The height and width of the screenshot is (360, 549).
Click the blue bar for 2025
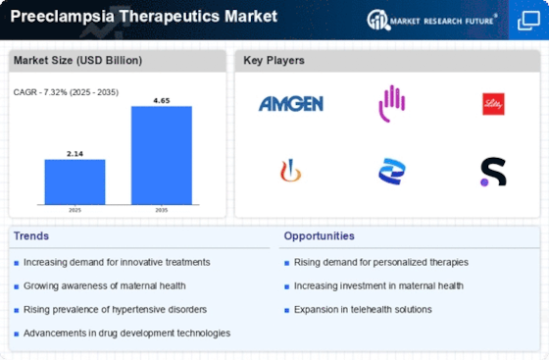point(75,181)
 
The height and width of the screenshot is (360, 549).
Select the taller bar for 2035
point(162,155)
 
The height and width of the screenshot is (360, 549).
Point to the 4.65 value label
point(162,100)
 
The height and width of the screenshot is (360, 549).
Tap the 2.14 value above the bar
point(75,154)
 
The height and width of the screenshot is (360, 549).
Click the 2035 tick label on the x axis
point(162,210)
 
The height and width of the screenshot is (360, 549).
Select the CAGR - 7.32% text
point(40,92)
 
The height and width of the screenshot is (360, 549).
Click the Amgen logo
point(291,104)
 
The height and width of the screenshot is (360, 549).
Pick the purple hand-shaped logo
point(392,104)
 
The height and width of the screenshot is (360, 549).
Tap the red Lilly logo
point(493,104)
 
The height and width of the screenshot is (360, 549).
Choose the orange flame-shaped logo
point(290,171)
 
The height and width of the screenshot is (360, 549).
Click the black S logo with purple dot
point(493,172)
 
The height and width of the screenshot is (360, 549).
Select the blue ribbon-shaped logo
point(392,172)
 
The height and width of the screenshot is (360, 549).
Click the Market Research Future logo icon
point(378,20)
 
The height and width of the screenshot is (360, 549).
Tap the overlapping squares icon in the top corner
point(528,21)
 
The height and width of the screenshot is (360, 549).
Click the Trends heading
point(31,236)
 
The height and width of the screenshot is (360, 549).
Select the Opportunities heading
point(319,236)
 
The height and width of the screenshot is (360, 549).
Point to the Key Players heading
point(274,60)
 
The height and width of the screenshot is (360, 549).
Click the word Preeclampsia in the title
point(63,17)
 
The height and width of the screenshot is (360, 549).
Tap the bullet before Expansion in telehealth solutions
point(286,310)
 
